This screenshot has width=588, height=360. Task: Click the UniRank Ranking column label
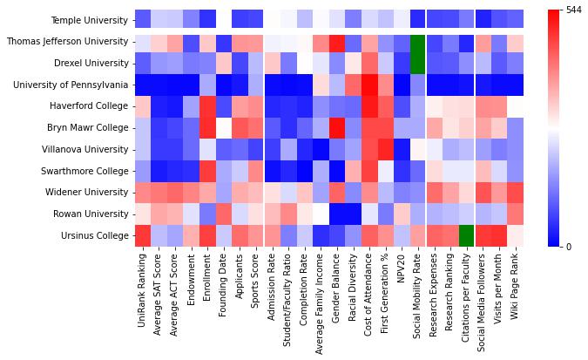point(143,288)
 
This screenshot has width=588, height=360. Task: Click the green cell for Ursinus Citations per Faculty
point(466,236)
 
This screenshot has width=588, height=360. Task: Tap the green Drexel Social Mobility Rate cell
point(418,64)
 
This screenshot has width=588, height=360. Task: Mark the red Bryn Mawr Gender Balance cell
point(337,128)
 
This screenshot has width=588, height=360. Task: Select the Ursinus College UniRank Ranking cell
point(143,236)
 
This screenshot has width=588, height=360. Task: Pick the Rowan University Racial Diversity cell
point(353,214)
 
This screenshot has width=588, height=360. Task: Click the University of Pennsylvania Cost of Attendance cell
point(369,85)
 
